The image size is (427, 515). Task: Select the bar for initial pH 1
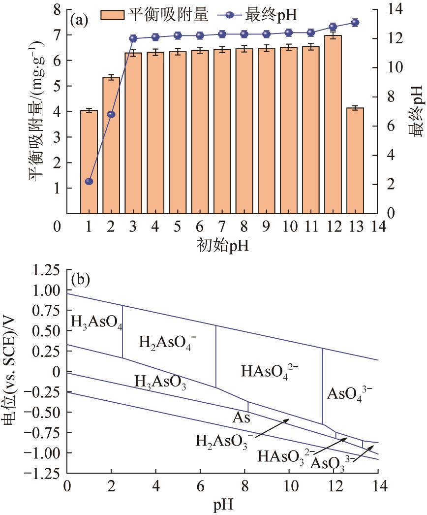pyautogui.click(x=89, y=162)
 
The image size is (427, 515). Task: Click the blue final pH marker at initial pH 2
pyautogui.click(x=111, y=114)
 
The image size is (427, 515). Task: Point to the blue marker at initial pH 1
pyautogui.click(x=89, y=182)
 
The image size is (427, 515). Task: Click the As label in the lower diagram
pyautogui.click(x=242, y=418)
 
